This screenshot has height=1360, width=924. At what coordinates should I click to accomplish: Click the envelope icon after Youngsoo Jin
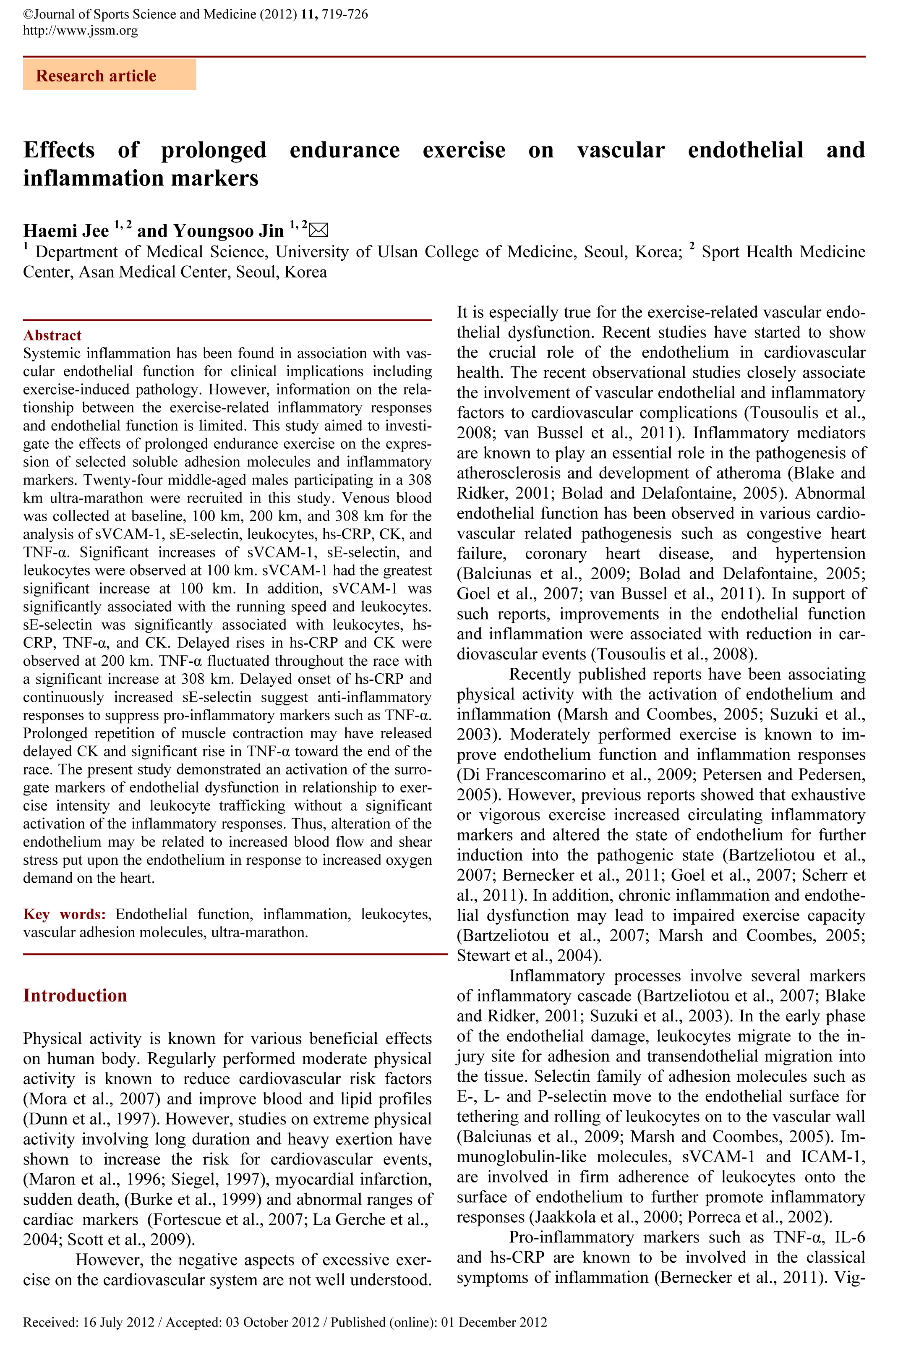[318, 230]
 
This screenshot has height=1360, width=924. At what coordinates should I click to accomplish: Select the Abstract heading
[52, 335]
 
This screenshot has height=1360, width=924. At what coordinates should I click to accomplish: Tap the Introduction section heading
[75, 995]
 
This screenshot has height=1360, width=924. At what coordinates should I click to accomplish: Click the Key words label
[64, 914]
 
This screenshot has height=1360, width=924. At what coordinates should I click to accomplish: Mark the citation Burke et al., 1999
[193, 1199]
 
